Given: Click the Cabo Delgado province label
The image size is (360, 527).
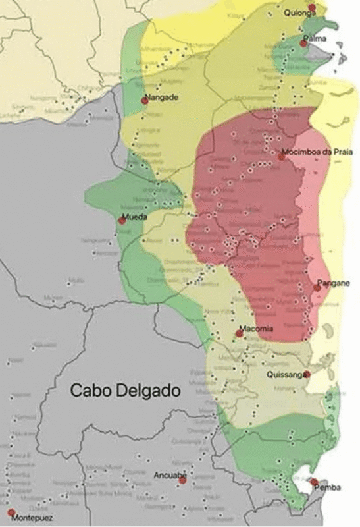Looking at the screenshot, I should click(125, 391).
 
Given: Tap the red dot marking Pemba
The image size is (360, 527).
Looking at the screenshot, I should click(314, 482).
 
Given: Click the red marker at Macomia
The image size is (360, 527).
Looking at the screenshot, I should click(240, 333).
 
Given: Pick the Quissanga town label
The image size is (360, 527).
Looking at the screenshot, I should click(286, 374).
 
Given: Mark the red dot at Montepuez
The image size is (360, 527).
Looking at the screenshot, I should click(11, 512).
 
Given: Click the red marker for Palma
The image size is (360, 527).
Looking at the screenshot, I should click(303, 43).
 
